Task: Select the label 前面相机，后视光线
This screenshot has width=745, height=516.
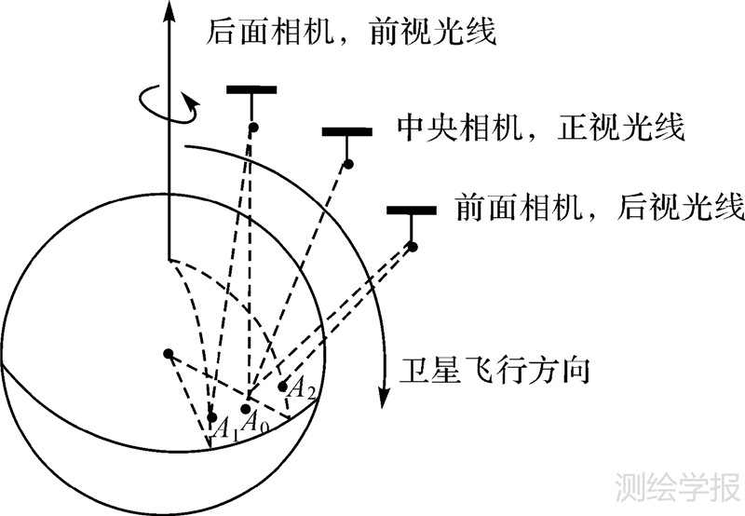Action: point(600,207)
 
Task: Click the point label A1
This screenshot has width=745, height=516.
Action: point(226,429)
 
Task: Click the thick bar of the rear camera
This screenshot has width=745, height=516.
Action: point(251,89)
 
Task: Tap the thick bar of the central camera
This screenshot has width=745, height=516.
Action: point(346,131)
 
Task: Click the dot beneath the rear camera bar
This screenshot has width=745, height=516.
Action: point(252,126)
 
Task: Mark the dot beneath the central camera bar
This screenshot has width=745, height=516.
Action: point(347,165)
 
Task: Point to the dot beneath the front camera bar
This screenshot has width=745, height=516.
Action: point(412,246)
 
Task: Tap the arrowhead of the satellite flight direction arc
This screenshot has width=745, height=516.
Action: point(382,395)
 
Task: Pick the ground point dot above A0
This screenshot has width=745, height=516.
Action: point(246,409)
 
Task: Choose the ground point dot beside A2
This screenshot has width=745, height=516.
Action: point(282,386)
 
